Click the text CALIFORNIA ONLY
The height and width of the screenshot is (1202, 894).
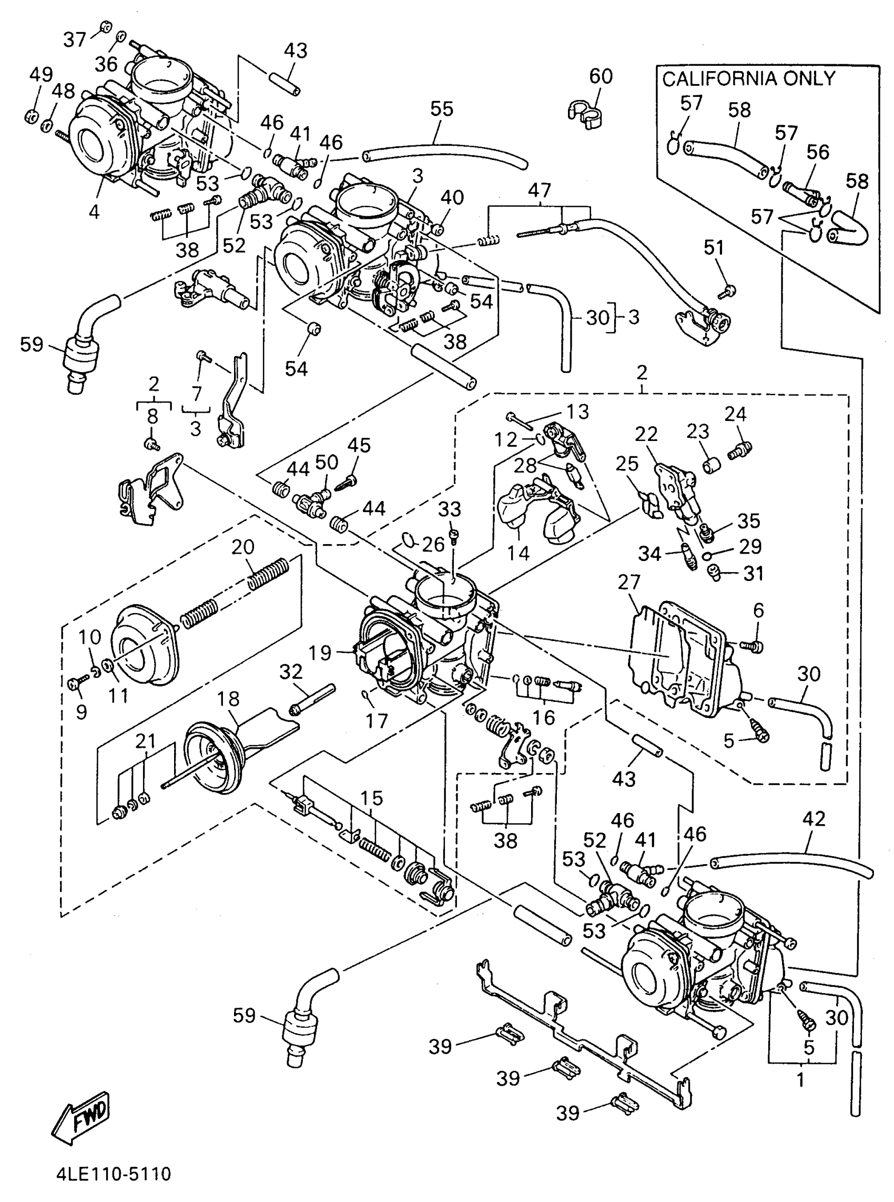click(748, 79)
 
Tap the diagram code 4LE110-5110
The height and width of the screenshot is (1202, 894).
click(114, 1174)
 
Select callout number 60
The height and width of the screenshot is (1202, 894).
click(601, 76)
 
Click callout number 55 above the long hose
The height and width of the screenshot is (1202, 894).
click(442, 109)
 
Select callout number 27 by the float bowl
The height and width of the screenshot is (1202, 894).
click(629, 583)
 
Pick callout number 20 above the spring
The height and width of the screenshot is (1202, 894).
click(243, 547)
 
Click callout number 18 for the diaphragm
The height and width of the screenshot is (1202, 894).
click(228, 699)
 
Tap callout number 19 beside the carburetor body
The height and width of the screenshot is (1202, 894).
click(320, 653)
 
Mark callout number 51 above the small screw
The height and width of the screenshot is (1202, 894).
click(714, 247)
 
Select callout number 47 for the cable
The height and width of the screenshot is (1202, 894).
click(540, 190)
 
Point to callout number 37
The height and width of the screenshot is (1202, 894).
click(75, 39)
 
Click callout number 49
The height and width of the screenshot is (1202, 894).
click(41, 75)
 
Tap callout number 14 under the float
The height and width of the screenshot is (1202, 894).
click(519, 553)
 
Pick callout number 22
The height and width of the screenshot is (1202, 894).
click(646, 434)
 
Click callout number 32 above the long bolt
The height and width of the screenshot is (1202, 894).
click(291, 672)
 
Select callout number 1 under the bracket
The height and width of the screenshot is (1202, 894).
click(800, 1080)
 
